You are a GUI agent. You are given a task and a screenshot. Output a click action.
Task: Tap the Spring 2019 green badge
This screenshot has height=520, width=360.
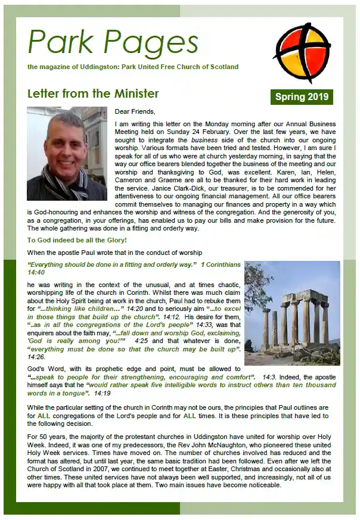tap(301, 96)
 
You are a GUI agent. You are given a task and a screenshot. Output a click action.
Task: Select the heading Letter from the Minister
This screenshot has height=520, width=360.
tap(93, 94)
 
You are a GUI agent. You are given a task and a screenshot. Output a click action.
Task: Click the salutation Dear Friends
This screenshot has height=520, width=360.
tap(134, 111)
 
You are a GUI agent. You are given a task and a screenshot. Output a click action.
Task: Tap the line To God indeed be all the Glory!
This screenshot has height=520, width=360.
tap(77, 240)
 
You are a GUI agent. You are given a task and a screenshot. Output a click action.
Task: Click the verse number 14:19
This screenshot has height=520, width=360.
tap(102, 393)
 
